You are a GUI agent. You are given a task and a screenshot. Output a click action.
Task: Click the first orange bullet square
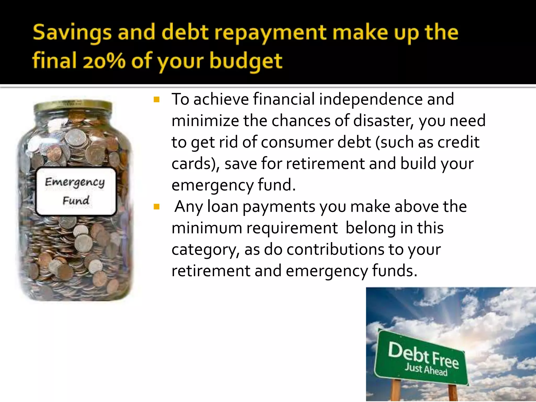(x=157, y=100)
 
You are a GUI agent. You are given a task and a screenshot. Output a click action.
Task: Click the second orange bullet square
(x=157, y=207)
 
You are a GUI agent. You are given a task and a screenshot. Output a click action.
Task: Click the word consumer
(x=297, y=142)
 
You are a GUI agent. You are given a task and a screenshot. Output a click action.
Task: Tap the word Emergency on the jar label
(x=75, y=182)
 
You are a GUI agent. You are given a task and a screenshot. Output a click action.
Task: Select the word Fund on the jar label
(x=76, y=201)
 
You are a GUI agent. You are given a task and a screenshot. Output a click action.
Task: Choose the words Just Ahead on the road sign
(x=426, y=370)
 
